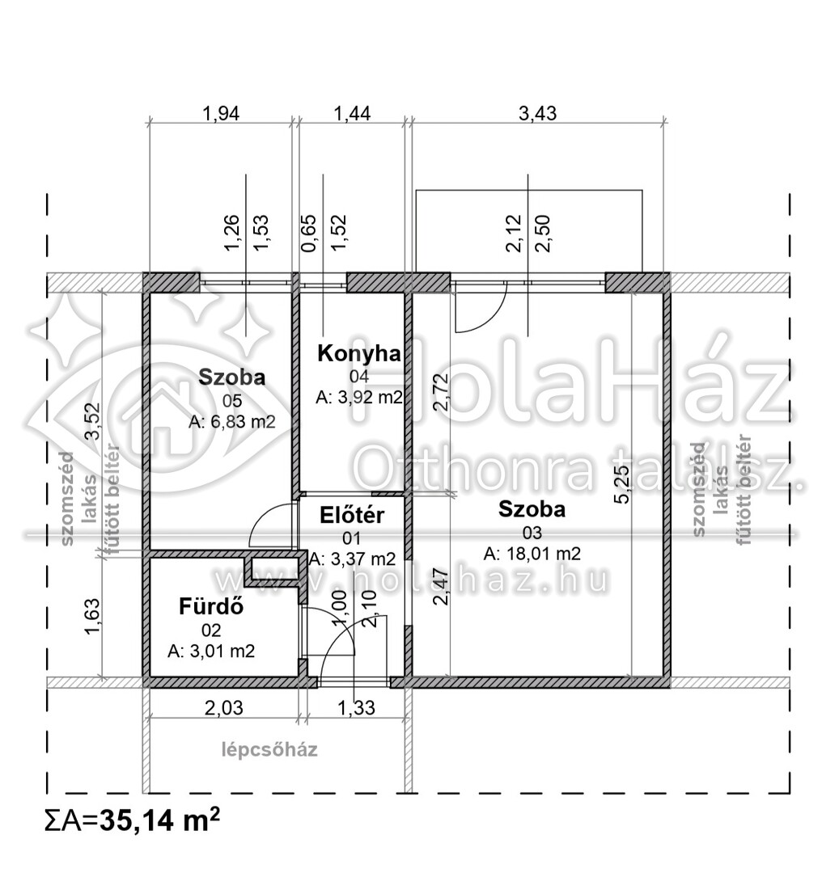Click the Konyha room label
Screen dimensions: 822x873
click(359, 353)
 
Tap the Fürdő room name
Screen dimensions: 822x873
click(211, 605)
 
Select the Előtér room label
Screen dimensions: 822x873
click(352, 515)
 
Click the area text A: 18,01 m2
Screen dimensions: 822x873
click(532, 554)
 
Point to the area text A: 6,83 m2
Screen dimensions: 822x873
click(232, 422)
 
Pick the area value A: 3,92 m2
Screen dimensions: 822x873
click(359, 398)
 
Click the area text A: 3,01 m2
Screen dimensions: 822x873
click(211, 651)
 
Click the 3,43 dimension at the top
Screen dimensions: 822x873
click(538, 113)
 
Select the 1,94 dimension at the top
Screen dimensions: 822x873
click(221, 113)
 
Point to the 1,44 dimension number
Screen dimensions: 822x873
click(352, 113)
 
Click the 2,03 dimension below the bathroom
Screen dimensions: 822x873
click(224, 707)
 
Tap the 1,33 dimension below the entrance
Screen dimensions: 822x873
click(357, 707)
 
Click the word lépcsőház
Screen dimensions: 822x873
click(269, 749)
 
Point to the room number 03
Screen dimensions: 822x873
click(532, 533)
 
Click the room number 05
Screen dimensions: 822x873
click(232, 401)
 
